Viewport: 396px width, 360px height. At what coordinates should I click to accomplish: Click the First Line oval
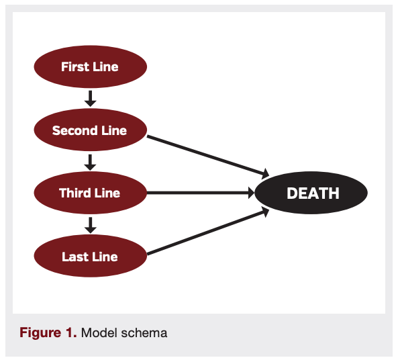click(90, 66)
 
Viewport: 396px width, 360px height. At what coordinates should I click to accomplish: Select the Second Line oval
click(90, 130)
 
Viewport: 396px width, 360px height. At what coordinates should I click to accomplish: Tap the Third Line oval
click(90, 193)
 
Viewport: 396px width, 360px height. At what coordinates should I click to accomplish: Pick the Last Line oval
click(90, 257)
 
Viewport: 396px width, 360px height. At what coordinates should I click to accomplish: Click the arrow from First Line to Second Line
click(91, 98)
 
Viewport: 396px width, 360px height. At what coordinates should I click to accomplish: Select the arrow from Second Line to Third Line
click(91, 162)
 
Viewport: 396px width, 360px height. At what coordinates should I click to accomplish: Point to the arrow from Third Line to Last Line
click(91, 225)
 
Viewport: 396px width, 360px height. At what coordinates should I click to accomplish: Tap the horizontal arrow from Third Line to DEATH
click(201, 193)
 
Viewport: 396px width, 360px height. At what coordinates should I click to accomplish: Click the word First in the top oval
click(75, 66)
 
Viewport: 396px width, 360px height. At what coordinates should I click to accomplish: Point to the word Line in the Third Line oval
click(107, 193)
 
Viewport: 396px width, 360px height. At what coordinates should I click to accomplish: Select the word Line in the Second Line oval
click(112, 130)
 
